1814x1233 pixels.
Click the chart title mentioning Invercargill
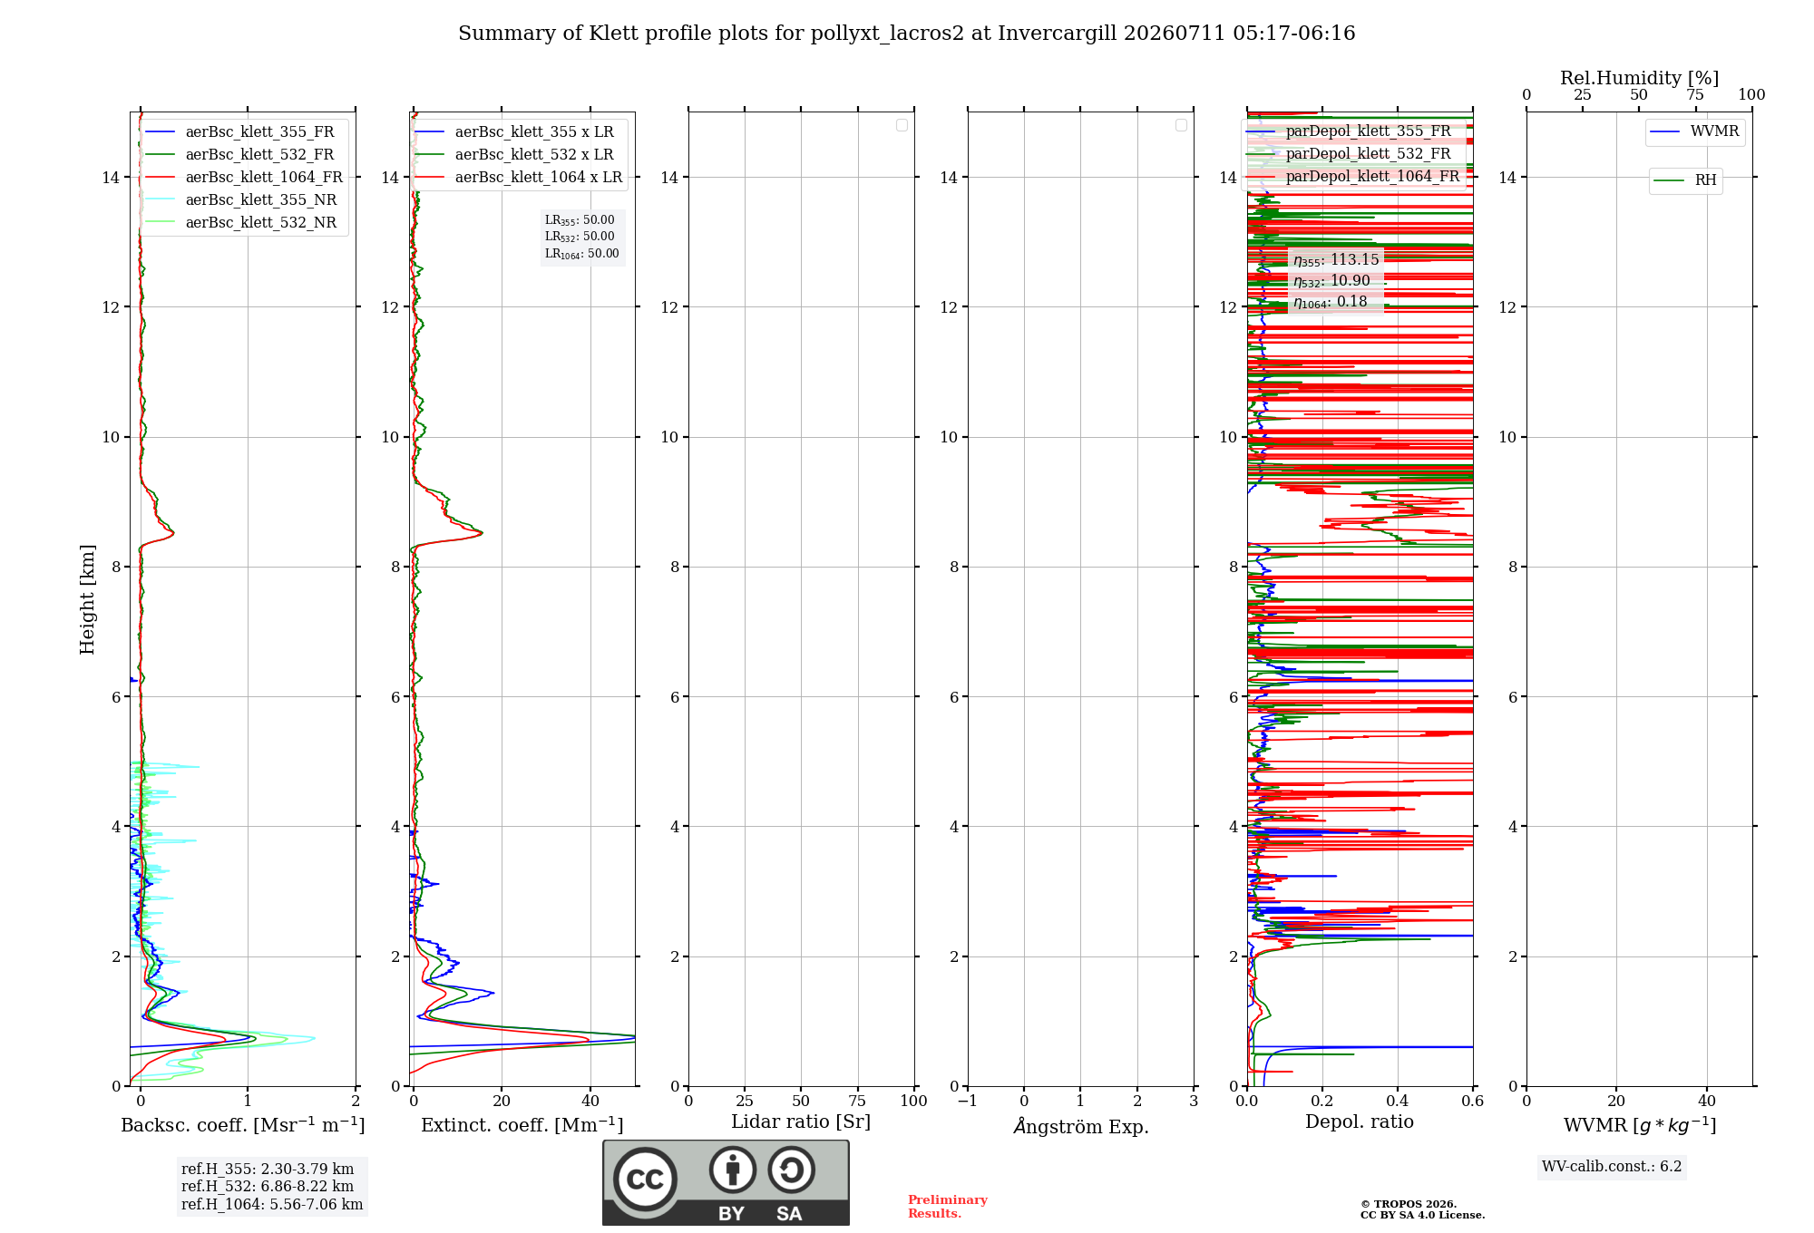coord(906,34)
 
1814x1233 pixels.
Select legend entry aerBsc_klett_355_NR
coord(261,199)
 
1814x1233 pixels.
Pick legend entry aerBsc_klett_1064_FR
coord(264,177)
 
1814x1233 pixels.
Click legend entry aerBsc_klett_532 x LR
coord(534,154)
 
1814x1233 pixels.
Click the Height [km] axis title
coord(87,599)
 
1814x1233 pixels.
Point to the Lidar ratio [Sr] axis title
coord(801,1121)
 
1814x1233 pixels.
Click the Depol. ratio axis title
coord(1360,1121)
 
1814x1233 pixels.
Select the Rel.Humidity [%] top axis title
coord(1640,78)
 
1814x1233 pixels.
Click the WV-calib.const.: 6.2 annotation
coord(1612,1166)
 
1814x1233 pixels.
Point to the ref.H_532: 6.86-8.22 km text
coord(268,1186)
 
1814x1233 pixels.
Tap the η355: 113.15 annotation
coord(1336,260)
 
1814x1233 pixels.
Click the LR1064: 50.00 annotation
coord(582,254)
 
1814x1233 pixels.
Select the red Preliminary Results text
coord(948,1207)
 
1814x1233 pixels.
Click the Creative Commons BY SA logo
coord(726,1182)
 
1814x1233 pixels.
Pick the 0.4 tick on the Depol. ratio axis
coord(1398,1101)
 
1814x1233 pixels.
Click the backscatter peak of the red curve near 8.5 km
coord(173,533)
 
